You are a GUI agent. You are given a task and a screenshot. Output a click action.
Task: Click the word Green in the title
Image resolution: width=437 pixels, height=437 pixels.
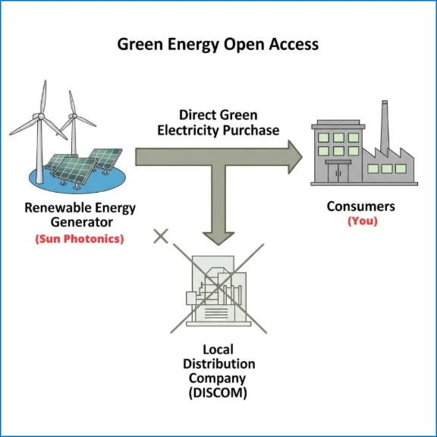[x=140, y=44]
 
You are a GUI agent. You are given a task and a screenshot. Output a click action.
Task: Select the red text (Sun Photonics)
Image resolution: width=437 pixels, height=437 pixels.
[x=80, y=239]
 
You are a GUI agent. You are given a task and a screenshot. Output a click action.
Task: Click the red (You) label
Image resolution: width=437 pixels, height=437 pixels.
[x=363, y=221]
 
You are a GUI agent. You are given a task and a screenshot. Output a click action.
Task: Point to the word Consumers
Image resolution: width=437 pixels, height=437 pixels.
[x=361, y=206]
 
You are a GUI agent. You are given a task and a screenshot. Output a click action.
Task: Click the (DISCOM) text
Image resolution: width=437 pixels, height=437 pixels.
[x=218, y=393]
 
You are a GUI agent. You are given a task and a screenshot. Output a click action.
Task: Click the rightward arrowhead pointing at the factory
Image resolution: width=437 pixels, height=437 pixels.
[x=295, y=157]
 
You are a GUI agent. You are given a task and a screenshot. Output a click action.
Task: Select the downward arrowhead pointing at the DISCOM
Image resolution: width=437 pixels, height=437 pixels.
[x=218, y=238]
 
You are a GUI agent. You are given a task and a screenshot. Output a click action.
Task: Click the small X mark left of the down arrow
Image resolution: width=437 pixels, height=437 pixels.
[x=161, y=236]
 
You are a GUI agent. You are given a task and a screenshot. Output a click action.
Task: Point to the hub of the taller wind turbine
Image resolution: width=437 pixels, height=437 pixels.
[x=41, y=116]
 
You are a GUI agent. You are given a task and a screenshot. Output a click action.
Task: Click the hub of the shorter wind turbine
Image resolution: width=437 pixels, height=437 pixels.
[x=74, y=115]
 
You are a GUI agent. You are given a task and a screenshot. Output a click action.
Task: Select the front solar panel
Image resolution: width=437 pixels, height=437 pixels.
[x=75, y=170]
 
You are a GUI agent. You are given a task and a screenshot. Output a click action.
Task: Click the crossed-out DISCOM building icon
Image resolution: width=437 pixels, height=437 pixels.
[x=216, y=290]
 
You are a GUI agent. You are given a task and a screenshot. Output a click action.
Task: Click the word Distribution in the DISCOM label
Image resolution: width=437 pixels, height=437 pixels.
[x=219, y=364]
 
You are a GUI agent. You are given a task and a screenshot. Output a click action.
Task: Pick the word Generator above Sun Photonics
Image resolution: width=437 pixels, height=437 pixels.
[x=82, y=222]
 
